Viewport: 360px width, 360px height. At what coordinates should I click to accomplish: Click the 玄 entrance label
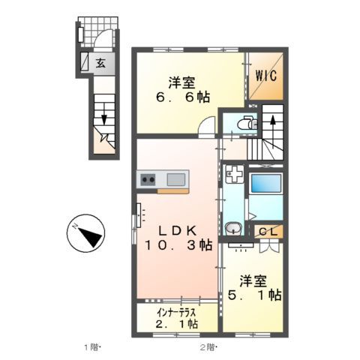(x=99, y=63)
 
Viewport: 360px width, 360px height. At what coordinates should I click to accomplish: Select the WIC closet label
(x=266, y=76)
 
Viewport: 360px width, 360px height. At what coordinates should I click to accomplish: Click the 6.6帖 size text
(x=184, y=97)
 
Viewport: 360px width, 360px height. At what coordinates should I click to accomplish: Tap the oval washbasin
(x=233, y=229)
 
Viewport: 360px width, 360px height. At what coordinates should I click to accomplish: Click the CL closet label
(x=266, y=232)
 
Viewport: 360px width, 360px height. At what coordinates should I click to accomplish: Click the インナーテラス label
(x=176, y=311)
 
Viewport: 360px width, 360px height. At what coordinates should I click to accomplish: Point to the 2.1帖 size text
(x=178, y=324)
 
